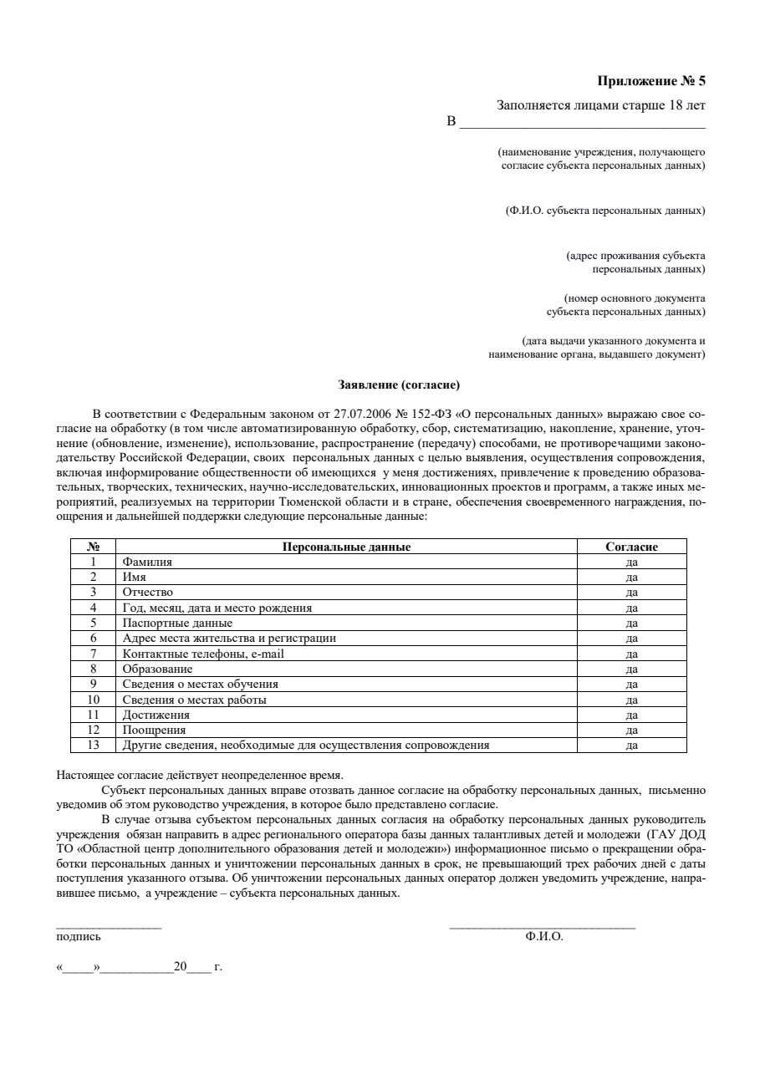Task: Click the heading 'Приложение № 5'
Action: [x=651, y=81]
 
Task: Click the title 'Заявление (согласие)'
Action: [x=399, y=385]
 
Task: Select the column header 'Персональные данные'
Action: [x=346, y=547]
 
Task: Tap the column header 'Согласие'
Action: [x=631, y=547]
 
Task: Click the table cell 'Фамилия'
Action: [x=147, y=562]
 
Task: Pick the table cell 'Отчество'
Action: [x=147, y=593]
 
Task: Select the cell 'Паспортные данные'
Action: [x=177, y=623]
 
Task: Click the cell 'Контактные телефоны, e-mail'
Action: [x=203, y=654]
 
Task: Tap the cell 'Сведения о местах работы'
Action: [x=194, y=699]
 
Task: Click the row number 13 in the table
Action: [x=94, y=744]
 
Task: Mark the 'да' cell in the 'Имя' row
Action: [x=632, y=578]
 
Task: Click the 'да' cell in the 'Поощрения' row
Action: [x=632, y=730]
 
